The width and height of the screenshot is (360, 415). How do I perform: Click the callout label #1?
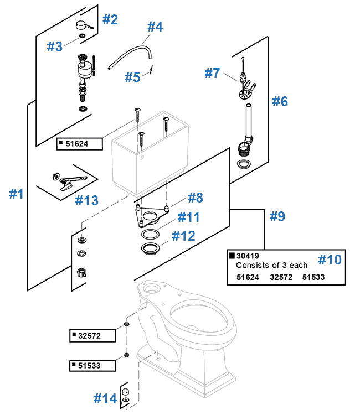pyautogui.click(x=17, y=194)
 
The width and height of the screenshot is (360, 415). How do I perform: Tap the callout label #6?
pyautogui.click(x=280, y=101)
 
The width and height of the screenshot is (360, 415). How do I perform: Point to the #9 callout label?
pyautogui.click(x=277, y=216)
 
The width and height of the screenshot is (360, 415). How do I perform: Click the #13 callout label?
pyautogui.click(x=86, y=200)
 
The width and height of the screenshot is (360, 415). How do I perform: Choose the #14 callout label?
pyautogui.click(x=105, y=398)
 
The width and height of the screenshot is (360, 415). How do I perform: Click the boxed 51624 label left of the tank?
pyautogui.click(x=77, y=144)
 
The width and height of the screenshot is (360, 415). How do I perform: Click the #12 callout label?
pyautogui.click(x=183, y=236)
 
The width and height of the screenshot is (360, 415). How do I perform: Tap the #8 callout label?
pyautogui.click(x=195, y=198)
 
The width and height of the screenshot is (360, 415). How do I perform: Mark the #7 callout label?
pyautogui.click(x=213, y=72)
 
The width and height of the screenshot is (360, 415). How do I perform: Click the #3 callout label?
pyautogui.click(x=54, y=46)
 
